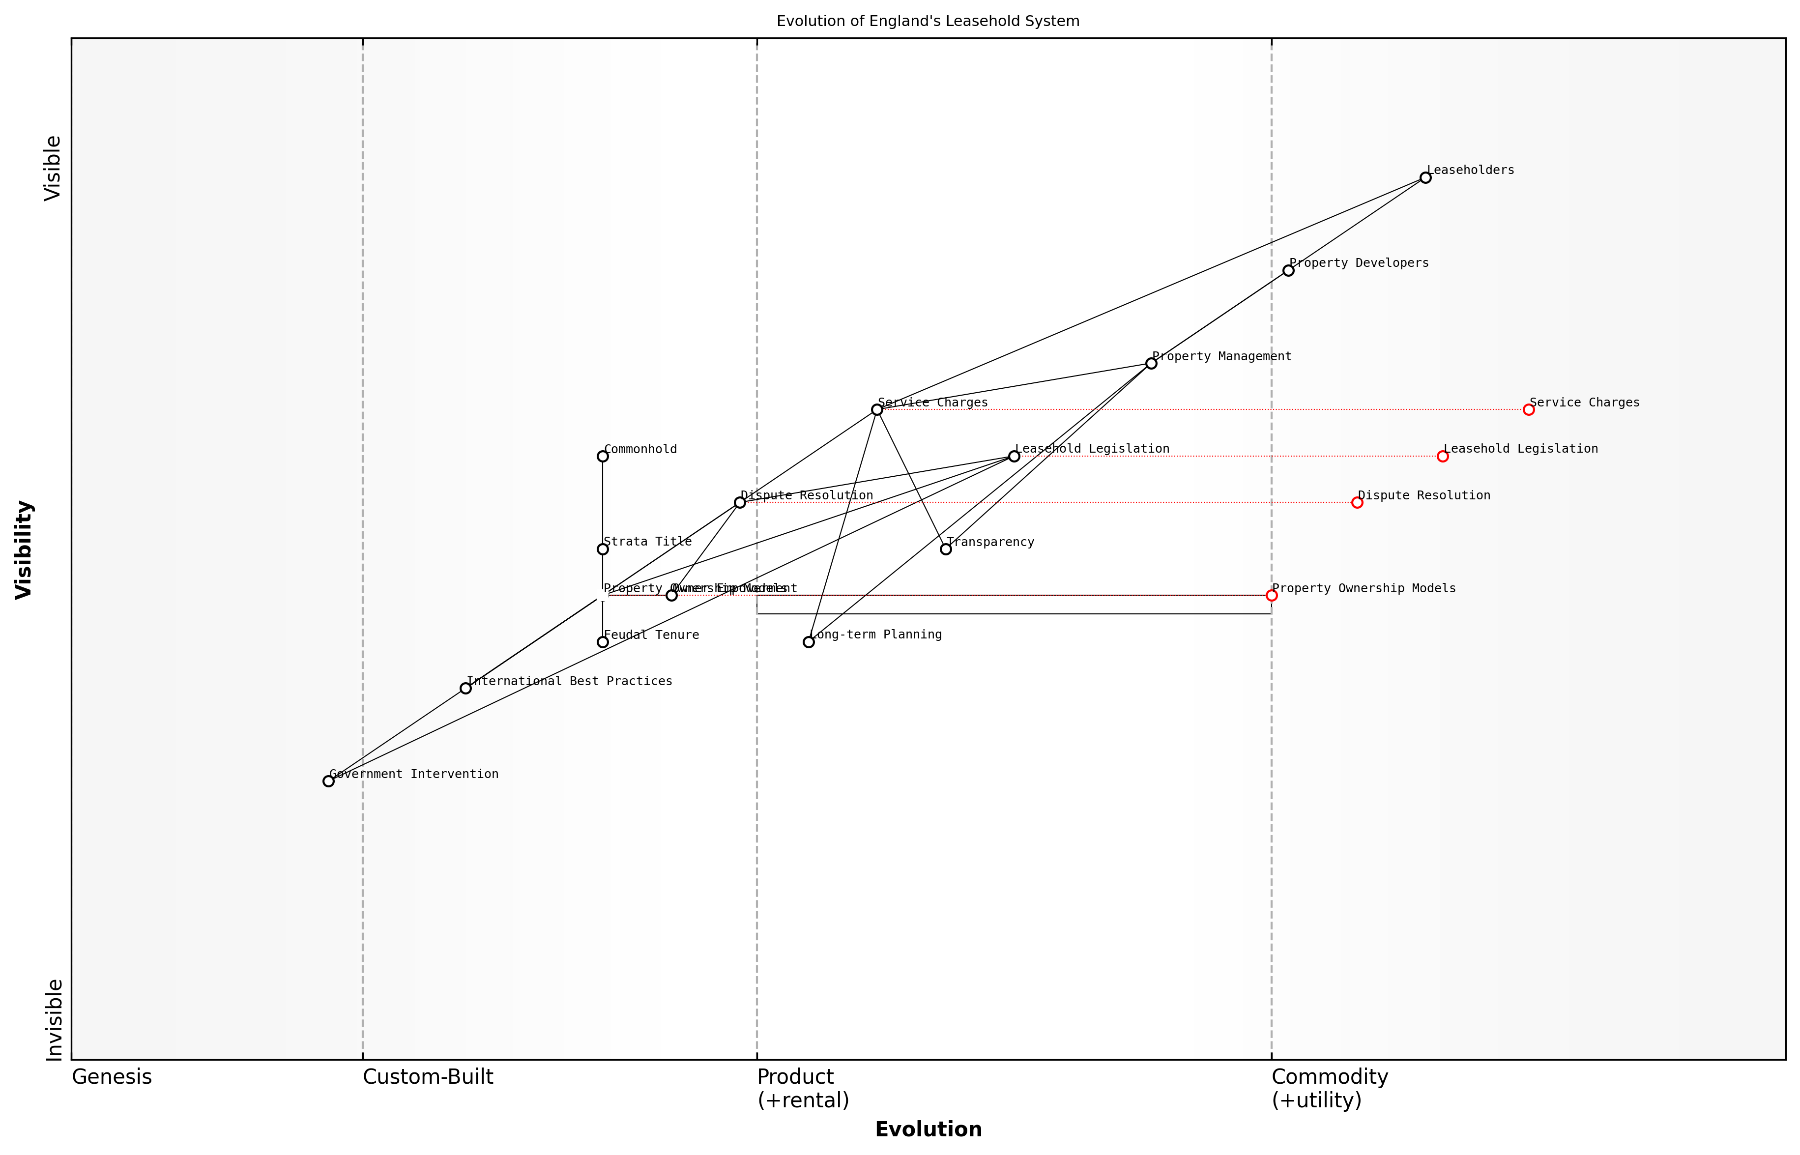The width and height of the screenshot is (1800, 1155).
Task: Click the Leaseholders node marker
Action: coord(1425,178)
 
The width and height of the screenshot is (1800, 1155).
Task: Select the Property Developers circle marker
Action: coord(1288,271)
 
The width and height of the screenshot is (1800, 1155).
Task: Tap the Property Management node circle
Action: coord(1151,364)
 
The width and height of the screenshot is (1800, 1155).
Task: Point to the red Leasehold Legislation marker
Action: coord(1442,456)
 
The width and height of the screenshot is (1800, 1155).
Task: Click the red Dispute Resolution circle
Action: coord(1357,502)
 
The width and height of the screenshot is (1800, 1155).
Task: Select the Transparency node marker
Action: coord(946,549)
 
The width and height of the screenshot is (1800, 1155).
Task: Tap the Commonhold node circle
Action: coord(602,456)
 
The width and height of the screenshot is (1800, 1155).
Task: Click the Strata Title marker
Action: coord(602,549)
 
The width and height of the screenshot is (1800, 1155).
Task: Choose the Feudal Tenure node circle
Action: coord(602,642)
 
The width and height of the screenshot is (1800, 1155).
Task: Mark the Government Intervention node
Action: coord(328,781)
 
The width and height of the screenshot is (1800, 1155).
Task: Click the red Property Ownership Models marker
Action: coord(1271,596)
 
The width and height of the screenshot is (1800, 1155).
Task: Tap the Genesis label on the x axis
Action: coord(112,1077)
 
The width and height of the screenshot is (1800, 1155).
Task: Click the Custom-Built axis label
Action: coord(428,1077)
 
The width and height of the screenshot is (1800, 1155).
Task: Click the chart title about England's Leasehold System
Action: coord(928,21)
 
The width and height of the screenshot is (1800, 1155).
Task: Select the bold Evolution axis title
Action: coord(928,1129)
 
